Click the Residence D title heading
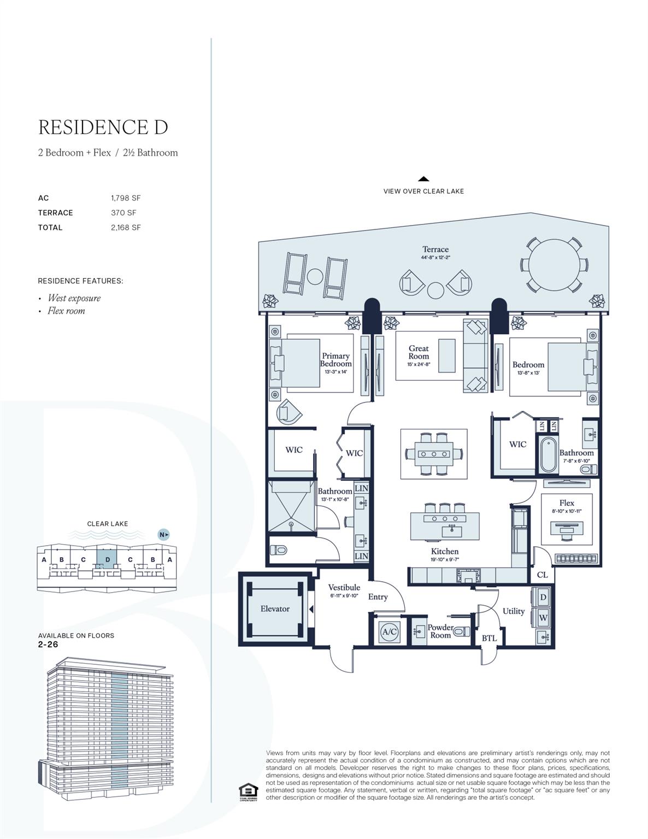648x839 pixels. (x=103, y=127)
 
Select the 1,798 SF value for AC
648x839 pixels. (x=126, y=198)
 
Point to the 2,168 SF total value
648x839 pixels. (x=126, y=228)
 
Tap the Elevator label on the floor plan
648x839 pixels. (x=275, y=608)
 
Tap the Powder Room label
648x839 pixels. (x=440, y=631)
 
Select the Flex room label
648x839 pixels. (x=567, y=503)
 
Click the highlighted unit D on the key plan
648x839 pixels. (x=107, y=559)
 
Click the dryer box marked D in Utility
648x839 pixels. (x=543, y=598)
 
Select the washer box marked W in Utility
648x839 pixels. (x=543, y=618)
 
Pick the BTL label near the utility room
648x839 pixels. (x=489, y=638)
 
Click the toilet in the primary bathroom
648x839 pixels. (x=279, y=550)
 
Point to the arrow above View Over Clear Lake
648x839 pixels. (x=423, y=179)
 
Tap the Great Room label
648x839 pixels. (x=419, y=352)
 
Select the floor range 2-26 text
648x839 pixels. (x=48, y=645)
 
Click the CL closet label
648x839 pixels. (x=542, y=575)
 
